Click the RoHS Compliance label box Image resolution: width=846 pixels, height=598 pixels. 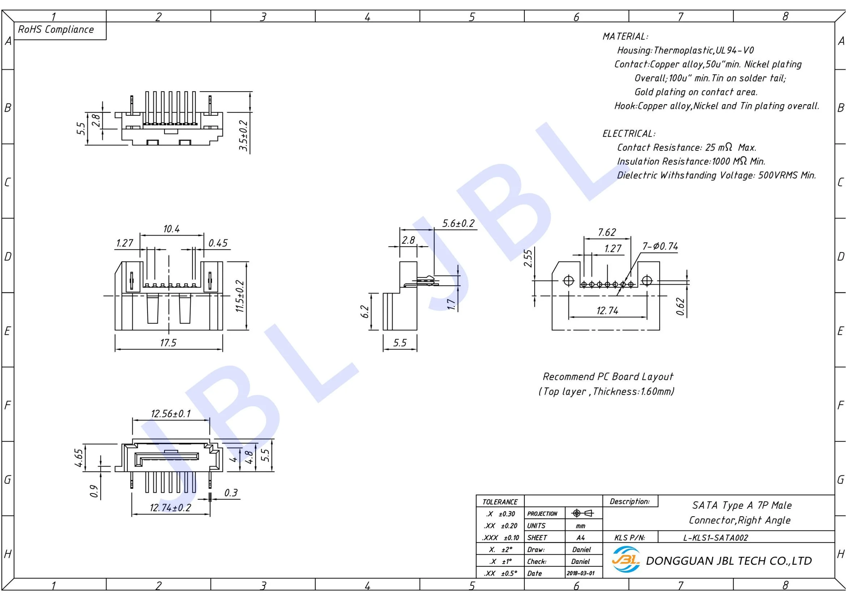click(56, 30)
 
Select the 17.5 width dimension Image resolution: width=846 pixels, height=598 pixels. click(168, 343)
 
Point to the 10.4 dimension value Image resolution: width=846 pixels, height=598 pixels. click(171, 229)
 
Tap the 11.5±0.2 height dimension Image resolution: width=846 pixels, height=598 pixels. click(240, 296)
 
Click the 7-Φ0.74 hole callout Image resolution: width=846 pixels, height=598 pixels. click(660, 246)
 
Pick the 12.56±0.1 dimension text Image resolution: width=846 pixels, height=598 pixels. click(171, 414)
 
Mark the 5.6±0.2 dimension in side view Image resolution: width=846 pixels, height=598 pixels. click(458, 223)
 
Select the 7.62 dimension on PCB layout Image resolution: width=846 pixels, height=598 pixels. click(607, 233)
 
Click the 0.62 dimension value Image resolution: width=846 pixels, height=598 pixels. click(680, 306)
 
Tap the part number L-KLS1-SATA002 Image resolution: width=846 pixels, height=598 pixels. click(715, 538)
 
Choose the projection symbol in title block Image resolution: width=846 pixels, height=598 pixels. click(582, 513)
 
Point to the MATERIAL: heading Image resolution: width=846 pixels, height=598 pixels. click(625, 37)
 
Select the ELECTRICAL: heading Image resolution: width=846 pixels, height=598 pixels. click(629, 133)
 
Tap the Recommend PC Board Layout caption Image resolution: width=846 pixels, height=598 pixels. click(608, 377)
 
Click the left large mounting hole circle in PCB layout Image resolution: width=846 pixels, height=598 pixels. click(569, 281)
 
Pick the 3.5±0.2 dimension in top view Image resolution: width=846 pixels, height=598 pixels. click(243, 135)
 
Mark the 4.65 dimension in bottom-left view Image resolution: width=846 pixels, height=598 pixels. click(79, 458)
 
